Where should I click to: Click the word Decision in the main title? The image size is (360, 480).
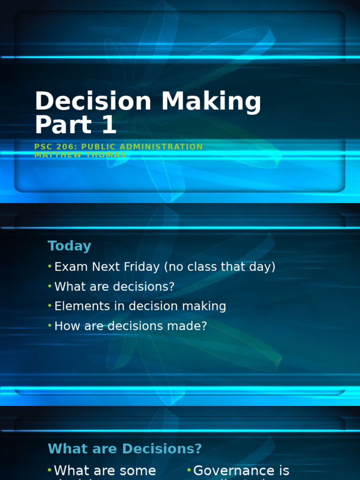click(x=93, y=101)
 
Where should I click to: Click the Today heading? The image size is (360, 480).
click(x=69, y=246)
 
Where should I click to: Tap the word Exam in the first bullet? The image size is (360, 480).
click(x=68, y=267)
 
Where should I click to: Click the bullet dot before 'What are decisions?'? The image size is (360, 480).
click(x=50, y=286)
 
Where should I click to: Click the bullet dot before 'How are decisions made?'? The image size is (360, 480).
click(x=50, y=326)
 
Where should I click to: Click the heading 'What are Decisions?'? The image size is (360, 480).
click(x=125, y=449)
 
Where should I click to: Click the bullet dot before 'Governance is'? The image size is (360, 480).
click(x=189, y=470)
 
